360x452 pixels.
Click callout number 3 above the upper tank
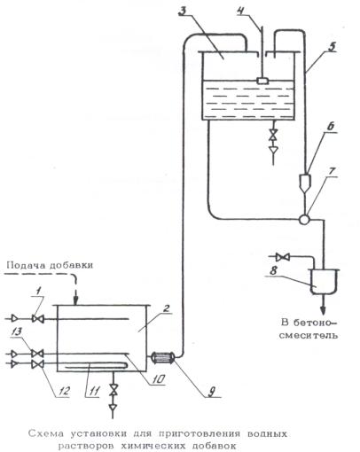pos(184,12)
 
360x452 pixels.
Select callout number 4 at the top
pos(242,12)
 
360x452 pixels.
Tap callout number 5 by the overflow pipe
pos(333,46)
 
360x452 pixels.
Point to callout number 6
pos(331,126)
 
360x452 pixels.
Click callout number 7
pos(332,171)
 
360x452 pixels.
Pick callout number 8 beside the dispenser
pos(273,270)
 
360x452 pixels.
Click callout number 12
pos(63,391)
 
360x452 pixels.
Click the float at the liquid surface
pos(262,81)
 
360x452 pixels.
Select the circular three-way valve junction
pos(304,219)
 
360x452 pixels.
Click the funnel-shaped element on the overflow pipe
pos(305,183)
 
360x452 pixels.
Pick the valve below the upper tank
pos(274,135)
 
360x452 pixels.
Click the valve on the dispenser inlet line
pos(282,257)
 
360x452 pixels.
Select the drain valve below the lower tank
pos(113,390)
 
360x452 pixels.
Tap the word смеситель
pos(308,335)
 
